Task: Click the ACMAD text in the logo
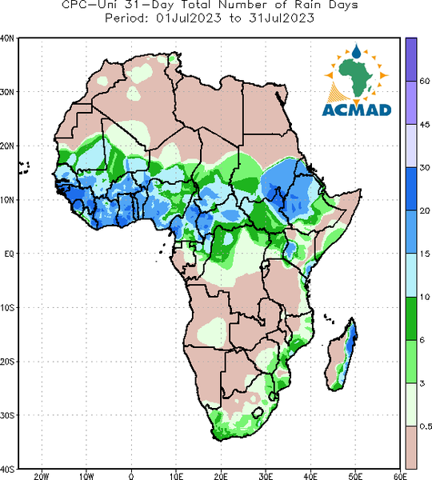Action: click(357, 110)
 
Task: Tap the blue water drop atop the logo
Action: click(356, 51)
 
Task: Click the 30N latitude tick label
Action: click(6, 92)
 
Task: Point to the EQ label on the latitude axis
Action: click(9, 254)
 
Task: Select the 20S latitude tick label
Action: click(6, 362)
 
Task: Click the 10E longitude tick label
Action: click(176, 476)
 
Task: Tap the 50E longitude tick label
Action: click(355, 476)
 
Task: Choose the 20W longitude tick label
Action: click(42, 476)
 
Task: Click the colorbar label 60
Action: click(424, 81)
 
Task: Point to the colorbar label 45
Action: click(424, 125)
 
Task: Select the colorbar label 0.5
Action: click(426, 426)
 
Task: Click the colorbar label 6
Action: click(422, 340)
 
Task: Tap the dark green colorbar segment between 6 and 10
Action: click(411, 318)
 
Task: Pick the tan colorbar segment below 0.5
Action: click(411, 447)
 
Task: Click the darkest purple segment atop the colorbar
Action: click(411, 59)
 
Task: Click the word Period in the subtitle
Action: click(126, 18)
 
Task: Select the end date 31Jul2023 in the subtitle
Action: click(282, 18)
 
